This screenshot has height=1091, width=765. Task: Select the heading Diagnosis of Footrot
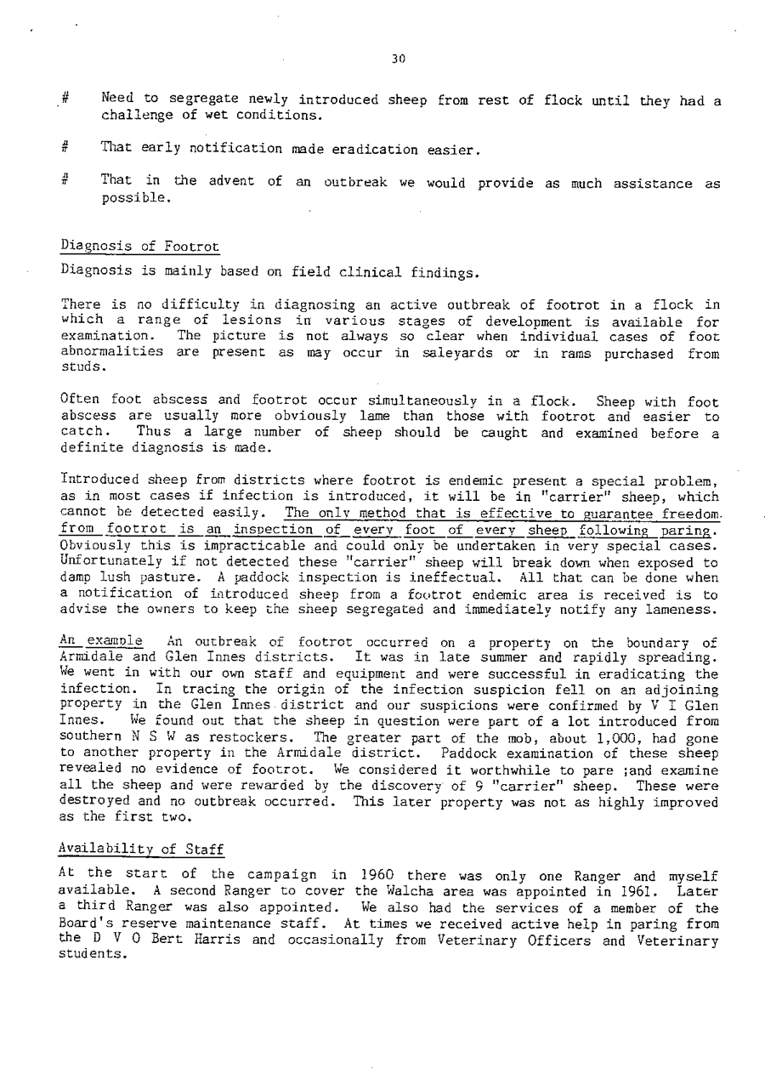140,247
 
